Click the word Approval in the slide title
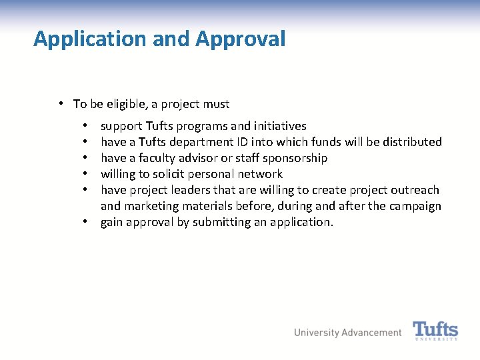241,39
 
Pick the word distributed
412,142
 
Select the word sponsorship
295,158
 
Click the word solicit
173,174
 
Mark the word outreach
415,190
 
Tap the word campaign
415,206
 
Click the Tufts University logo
435,331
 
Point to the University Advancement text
348,333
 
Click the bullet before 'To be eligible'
61,103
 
